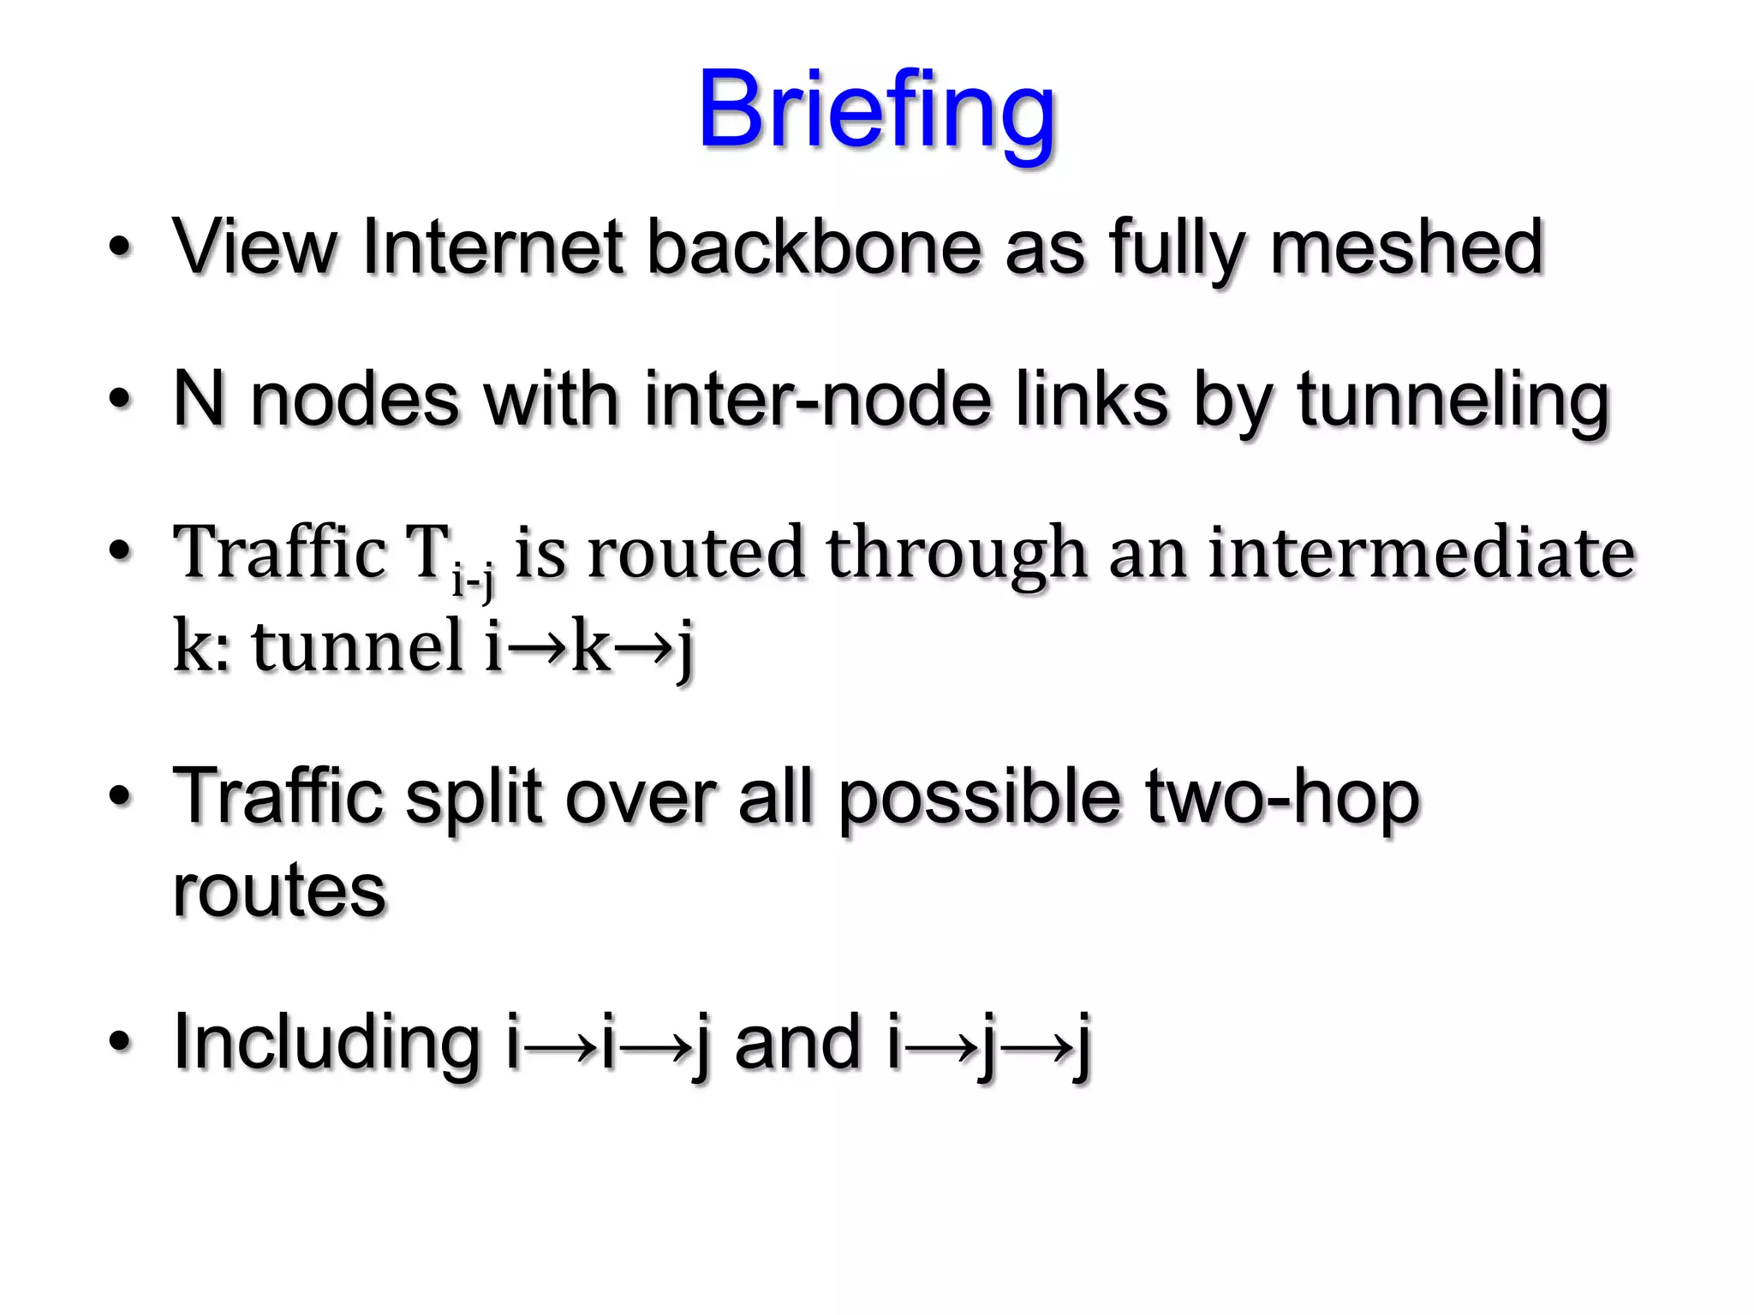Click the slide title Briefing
(876, 111)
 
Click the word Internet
(492, 247)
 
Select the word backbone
(813, 247)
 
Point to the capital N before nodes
(200, 399)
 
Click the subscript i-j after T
(473, 580)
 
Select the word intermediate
(1422, 553)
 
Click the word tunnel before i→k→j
(357, 646)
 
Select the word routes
(279, 890)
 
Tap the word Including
(326, 1043)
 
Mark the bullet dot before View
(121, 248)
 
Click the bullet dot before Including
(121, 1042)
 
